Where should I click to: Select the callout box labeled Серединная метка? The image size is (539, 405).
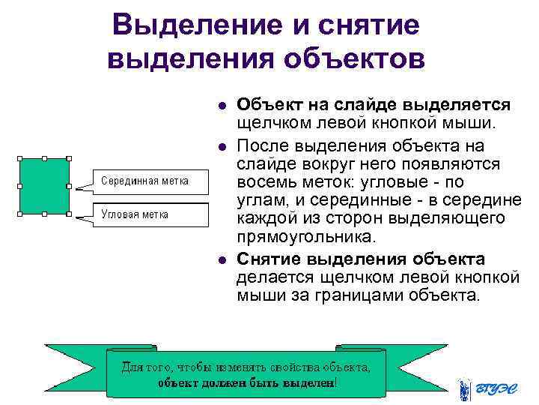coord(150,181)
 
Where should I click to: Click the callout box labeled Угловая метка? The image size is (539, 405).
coord(150,214)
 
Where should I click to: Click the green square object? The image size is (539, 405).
coord(45,186)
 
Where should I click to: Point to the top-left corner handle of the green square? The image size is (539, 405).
coord(21,160)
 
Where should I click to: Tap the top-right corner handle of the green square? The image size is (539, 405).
coord(69,160)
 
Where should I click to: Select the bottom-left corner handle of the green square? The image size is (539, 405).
coord(21,214)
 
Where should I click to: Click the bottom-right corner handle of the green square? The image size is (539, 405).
coord(69,214)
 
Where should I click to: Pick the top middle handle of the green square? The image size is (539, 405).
coord(45,160)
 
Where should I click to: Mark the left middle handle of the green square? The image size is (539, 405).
coord(21,187)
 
